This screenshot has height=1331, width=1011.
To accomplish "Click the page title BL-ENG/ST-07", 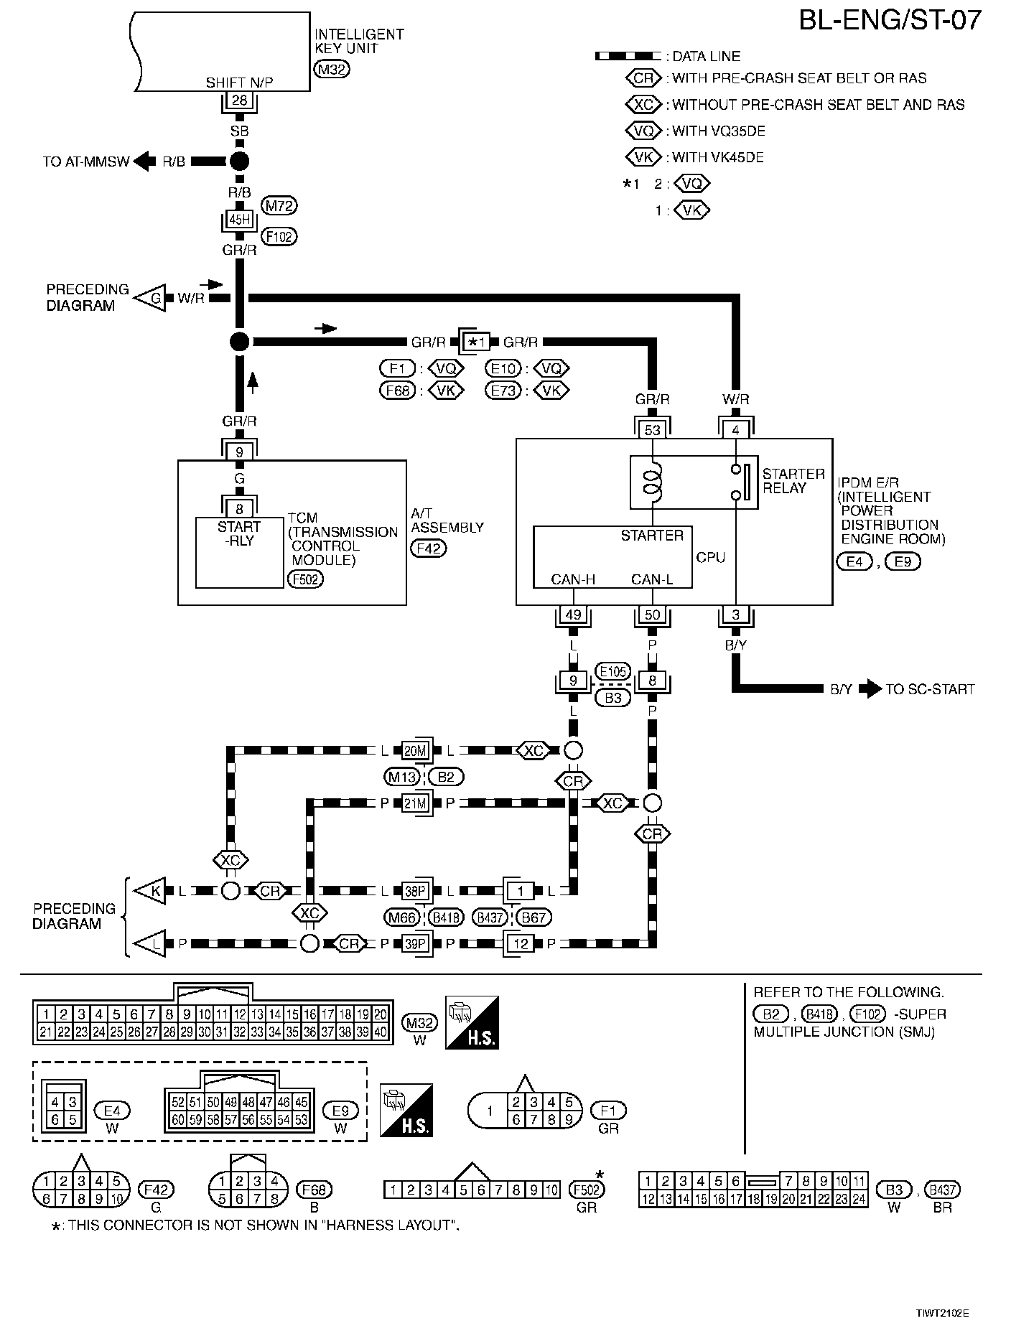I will coord(890,19).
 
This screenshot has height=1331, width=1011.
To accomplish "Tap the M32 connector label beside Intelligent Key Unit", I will coord(331,70).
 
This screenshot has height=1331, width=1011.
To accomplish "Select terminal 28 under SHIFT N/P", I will coord(240,101).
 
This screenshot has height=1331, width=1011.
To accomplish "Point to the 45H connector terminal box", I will coord(240,220).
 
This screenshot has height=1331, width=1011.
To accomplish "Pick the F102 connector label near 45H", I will coord(279,236).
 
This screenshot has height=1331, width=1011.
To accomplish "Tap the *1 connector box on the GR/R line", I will coord(477,342).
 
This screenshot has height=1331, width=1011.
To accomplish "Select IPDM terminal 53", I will coord(652,430).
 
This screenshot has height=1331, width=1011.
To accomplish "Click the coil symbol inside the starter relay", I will coord(652,482).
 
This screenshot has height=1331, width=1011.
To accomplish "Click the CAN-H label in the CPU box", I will coord(572,579).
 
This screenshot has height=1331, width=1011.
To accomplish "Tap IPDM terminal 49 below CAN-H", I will coord(572,615).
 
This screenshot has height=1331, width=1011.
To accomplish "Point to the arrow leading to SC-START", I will coord(870,689).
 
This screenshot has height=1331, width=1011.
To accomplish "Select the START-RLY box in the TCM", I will coord(240,551).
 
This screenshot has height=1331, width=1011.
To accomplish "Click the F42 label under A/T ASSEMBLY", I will coord(428,548).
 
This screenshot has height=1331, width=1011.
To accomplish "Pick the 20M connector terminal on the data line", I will coord(415,751).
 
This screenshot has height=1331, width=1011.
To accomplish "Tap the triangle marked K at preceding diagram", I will coord(152,892).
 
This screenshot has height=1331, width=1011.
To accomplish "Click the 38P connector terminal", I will coord(415,892).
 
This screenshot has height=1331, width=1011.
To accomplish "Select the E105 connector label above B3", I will coord(612,672).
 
